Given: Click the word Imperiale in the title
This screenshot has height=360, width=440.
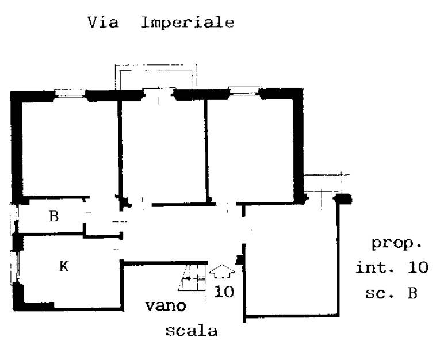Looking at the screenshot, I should click(x=188, y=24).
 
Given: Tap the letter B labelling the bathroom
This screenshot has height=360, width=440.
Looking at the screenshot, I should click(x=53, y=217).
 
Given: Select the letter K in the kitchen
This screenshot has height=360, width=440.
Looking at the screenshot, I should click(x=64, y=266).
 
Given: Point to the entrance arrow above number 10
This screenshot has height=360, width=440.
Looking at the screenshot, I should click(x=223, y=270).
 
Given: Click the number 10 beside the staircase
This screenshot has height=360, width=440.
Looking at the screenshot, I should click(x=224, y=292).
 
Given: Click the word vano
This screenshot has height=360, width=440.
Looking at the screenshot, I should click(x=166, y=306).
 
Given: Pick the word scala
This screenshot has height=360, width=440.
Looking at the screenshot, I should click(x=192, y=331).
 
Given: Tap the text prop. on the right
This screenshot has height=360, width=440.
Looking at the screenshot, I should click(x=396, y=243).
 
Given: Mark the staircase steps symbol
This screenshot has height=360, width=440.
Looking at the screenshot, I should click(x=192, y=279).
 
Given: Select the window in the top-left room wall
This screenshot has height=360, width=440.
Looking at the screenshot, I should click(x=71, y=93).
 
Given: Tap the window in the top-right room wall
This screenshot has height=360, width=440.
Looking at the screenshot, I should click(x=244, y=91).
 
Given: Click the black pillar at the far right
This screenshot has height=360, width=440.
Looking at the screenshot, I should click(x=342, y=199).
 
